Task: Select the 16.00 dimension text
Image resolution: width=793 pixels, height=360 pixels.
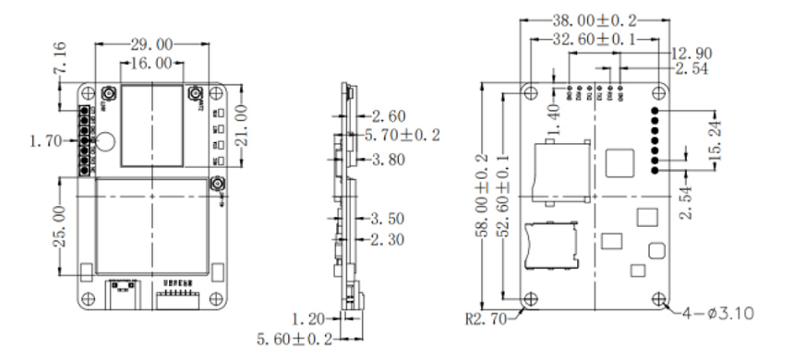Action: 152,63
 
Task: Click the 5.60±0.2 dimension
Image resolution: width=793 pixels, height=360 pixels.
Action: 295,340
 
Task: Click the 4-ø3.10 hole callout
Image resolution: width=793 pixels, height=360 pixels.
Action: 720,314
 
